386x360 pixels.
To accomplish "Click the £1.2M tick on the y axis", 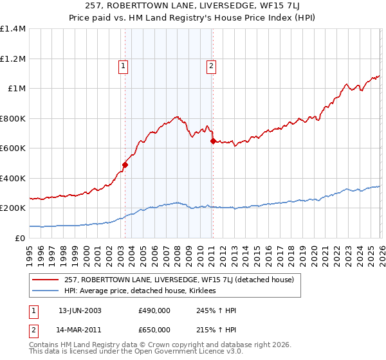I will (x=13, y=59).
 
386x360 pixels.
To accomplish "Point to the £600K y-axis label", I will (x=13, y=148).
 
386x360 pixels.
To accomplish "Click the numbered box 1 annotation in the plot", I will (x=122, y=64).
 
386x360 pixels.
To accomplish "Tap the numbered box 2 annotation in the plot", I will (x=211, y=64).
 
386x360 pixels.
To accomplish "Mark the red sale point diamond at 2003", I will (x=125, y=165).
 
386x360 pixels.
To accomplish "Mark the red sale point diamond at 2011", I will (x=213, y=141).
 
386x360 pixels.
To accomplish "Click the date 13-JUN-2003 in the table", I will (x=80, y=310).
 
